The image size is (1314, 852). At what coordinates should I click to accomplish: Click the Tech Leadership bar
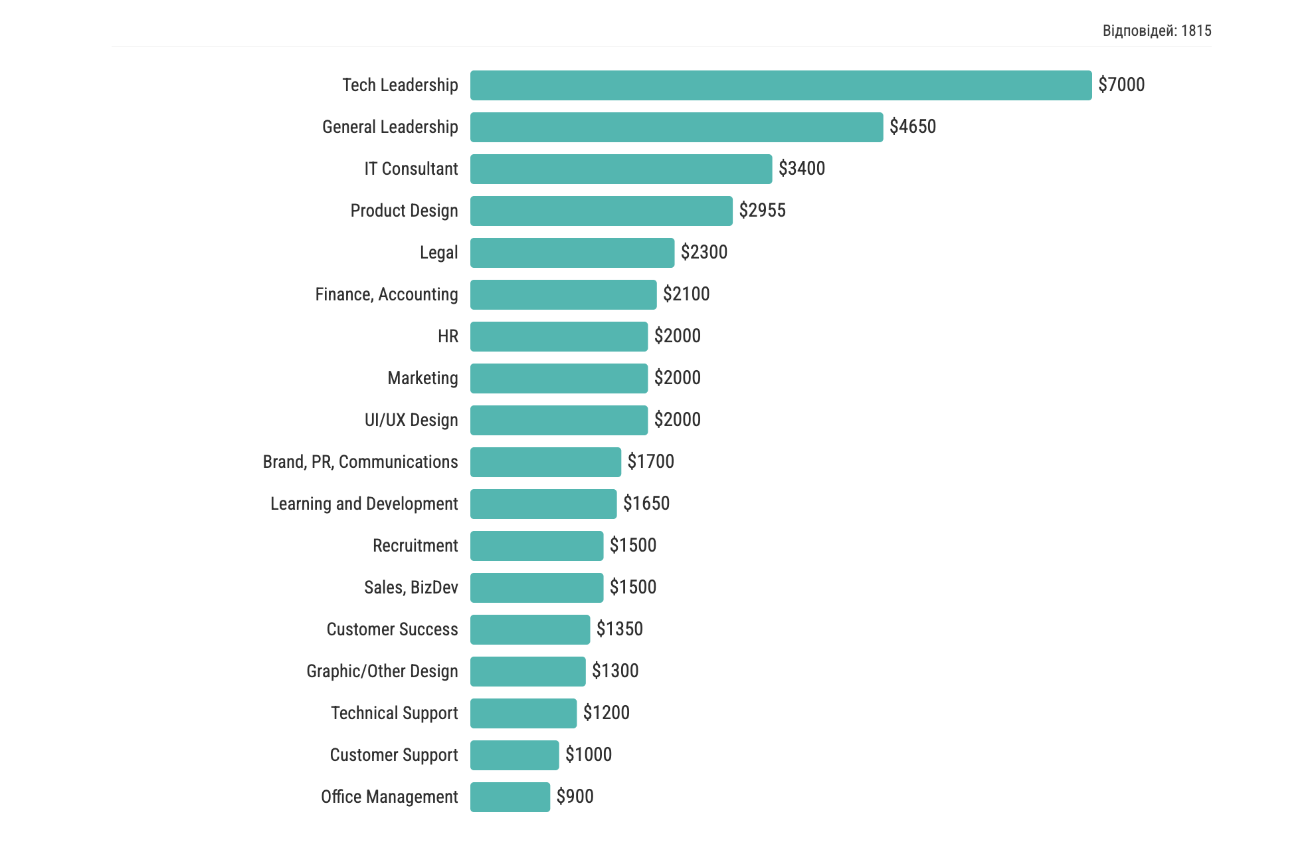coord(781,85)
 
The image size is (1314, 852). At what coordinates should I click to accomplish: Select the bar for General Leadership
coord(676,127)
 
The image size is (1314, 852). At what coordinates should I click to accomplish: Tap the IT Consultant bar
coord(621,169)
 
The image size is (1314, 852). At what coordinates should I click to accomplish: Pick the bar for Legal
coord(572,253)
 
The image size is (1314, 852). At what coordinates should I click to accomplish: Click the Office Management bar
coord(510,797)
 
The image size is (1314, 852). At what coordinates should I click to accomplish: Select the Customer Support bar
coord(514,755)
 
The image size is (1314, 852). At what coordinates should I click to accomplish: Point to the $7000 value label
coord(1121,85)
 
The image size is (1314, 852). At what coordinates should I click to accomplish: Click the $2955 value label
coord(762,211)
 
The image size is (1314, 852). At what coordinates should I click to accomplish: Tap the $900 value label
coord(575,797)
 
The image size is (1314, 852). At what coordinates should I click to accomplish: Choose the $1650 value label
coord(646,504)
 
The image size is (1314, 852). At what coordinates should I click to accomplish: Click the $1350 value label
coord(619,629)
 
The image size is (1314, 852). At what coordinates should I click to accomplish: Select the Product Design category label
coord(404,211)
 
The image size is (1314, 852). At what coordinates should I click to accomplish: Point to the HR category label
coord(448,336)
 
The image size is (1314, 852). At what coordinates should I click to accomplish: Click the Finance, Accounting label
coord(386,294)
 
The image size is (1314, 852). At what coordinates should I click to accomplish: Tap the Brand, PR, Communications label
coord(360,462)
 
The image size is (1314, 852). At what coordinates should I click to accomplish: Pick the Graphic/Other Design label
coord(382,671)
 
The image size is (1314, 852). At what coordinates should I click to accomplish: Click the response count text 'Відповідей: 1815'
coord(1157,31)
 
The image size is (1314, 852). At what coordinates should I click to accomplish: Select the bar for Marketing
coord(559,378)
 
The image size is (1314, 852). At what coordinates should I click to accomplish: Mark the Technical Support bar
coord(523,713)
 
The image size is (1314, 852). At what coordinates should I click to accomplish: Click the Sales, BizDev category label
coord(411,587)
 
